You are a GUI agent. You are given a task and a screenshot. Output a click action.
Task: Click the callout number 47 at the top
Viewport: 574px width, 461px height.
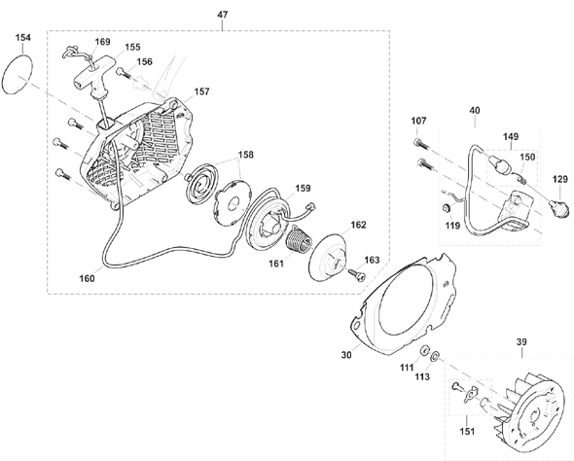223,15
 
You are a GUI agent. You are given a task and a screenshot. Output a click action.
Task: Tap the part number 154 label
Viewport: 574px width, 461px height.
23,38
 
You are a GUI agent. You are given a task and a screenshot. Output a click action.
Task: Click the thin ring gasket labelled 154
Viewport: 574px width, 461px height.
18,75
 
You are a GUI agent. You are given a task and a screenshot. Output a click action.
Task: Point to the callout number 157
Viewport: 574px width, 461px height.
201,91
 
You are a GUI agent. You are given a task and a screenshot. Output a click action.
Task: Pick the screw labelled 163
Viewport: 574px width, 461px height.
356,274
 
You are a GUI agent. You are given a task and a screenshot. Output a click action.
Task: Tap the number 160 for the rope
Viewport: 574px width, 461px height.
88,278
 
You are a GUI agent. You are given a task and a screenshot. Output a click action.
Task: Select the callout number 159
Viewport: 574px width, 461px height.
304,188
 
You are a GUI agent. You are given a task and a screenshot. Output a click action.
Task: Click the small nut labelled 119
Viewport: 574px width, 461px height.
447,208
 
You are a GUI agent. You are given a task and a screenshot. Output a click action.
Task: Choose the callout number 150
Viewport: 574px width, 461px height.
527,157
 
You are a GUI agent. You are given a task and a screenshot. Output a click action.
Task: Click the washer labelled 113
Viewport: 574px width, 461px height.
435,355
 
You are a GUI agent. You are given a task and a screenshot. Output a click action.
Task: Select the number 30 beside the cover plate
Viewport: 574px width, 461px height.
346,355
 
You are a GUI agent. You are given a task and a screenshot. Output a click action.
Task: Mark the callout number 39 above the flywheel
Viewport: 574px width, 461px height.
521,342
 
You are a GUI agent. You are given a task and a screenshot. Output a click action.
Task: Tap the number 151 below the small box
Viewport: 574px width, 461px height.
468,432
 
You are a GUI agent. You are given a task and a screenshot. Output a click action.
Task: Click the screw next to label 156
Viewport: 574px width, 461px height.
125,73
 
